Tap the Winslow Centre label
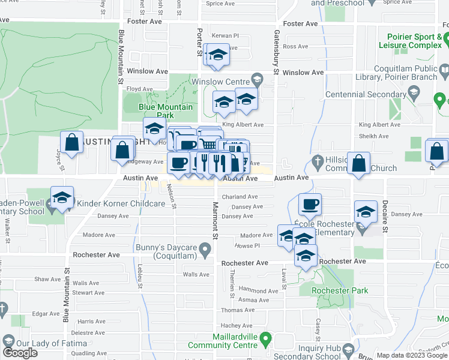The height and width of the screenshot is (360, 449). [220, 82]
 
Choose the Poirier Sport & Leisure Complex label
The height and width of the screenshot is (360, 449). [414, 41]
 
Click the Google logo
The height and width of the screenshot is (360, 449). [20, 353]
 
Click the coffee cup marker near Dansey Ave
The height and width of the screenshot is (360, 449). [310, 205]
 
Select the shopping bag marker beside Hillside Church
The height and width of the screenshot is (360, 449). [359, 164]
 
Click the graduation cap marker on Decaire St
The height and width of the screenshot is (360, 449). [366, 212]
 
